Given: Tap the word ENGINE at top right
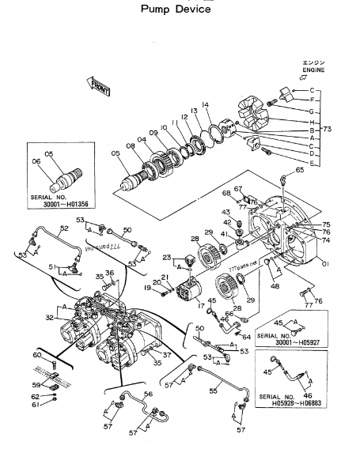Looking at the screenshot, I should click(314, 70).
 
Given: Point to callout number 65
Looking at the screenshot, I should click(299, 170).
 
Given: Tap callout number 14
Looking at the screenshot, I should click(204, 104).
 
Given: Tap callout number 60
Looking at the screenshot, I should click(37, 356).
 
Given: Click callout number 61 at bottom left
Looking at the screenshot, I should click(35, 405).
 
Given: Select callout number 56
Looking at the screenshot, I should click(147, 393).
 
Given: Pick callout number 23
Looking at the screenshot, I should click(167, 257).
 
